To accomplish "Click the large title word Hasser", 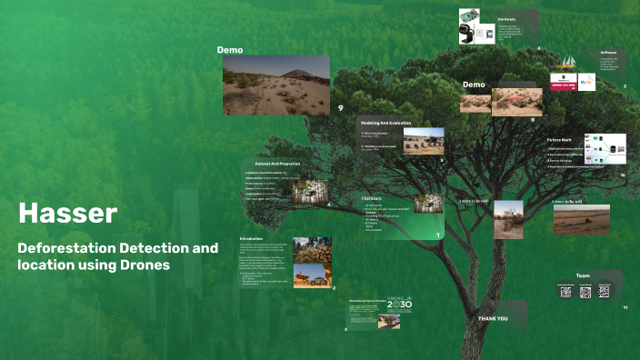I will tap(68, 214).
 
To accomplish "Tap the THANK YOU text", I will tap(493, 319).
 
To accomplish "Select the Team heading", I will tap(582, 275).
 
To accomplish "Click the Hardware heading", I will tap(506, 19).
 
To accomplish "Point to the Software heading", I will tap(608, 53).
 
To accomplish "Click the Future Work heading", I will tap(559, 140).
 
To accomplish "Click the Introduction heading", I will tap(251, 239).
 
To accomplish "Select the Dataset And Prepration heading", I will tap(277, 164).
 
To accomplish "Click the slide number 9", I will tap(340, 108).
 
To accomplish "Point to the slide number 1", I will tap(437, 236).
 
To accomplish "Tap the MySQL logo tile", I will tap(586, 83).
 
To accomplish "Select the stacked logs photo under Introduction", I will tap(312, 250).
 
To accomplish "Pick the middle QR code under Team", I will tap(585, 292).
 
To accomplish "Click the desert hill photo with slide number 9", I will tap(276, 84).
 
